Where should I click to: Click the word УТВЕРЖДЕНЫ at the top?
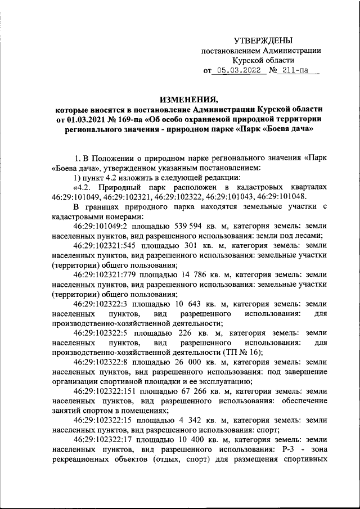pos(263,40)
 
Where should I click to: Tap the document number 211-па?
pos(296,71)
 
